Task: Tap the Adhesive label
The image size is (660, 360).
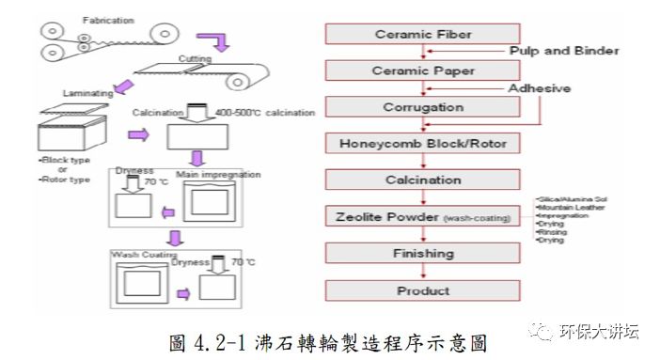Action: (541, 88)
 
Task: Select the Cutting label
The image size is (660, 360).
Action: (196, 59)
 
